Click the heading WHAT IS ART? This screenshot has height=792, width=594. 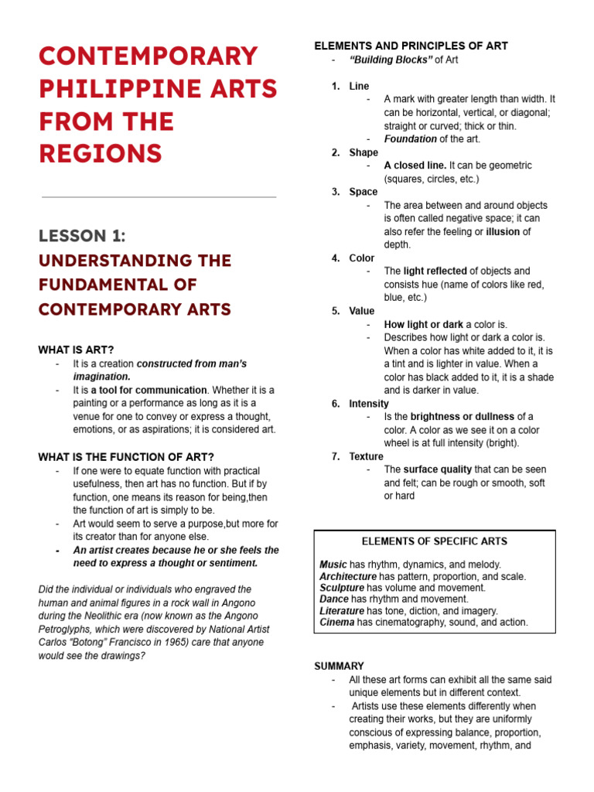click(76, 350)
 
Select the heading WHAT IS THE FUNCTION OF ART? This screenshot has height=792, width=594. click(126, 457)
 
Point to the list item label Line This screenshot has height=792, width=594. click(359, 86)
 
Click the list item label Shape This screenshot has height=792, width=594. click(364, 152)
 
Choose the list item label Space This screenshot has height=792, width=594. click(364, 192)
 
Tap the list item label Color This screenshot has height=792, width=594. click(361, 258)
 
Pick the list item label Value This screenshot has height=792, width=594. click(361, 311)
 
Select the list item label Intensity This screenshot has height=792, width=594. click(369, 404)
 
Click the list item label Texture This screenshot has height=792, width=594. click(366, 456)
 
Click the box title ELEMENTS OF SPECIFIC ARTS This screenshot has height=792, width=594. click(435, 541)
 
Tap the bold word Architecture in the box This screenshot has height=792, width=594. click(348, 576)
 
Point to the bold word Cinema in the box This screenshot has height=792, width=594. click(336, 622)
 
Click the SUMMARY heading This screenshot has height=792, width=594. click(339, 666)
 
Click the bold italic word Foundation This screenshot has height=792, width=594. click(410, 139)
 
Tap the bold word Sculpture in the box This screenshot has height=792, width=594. click(341, 588)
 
